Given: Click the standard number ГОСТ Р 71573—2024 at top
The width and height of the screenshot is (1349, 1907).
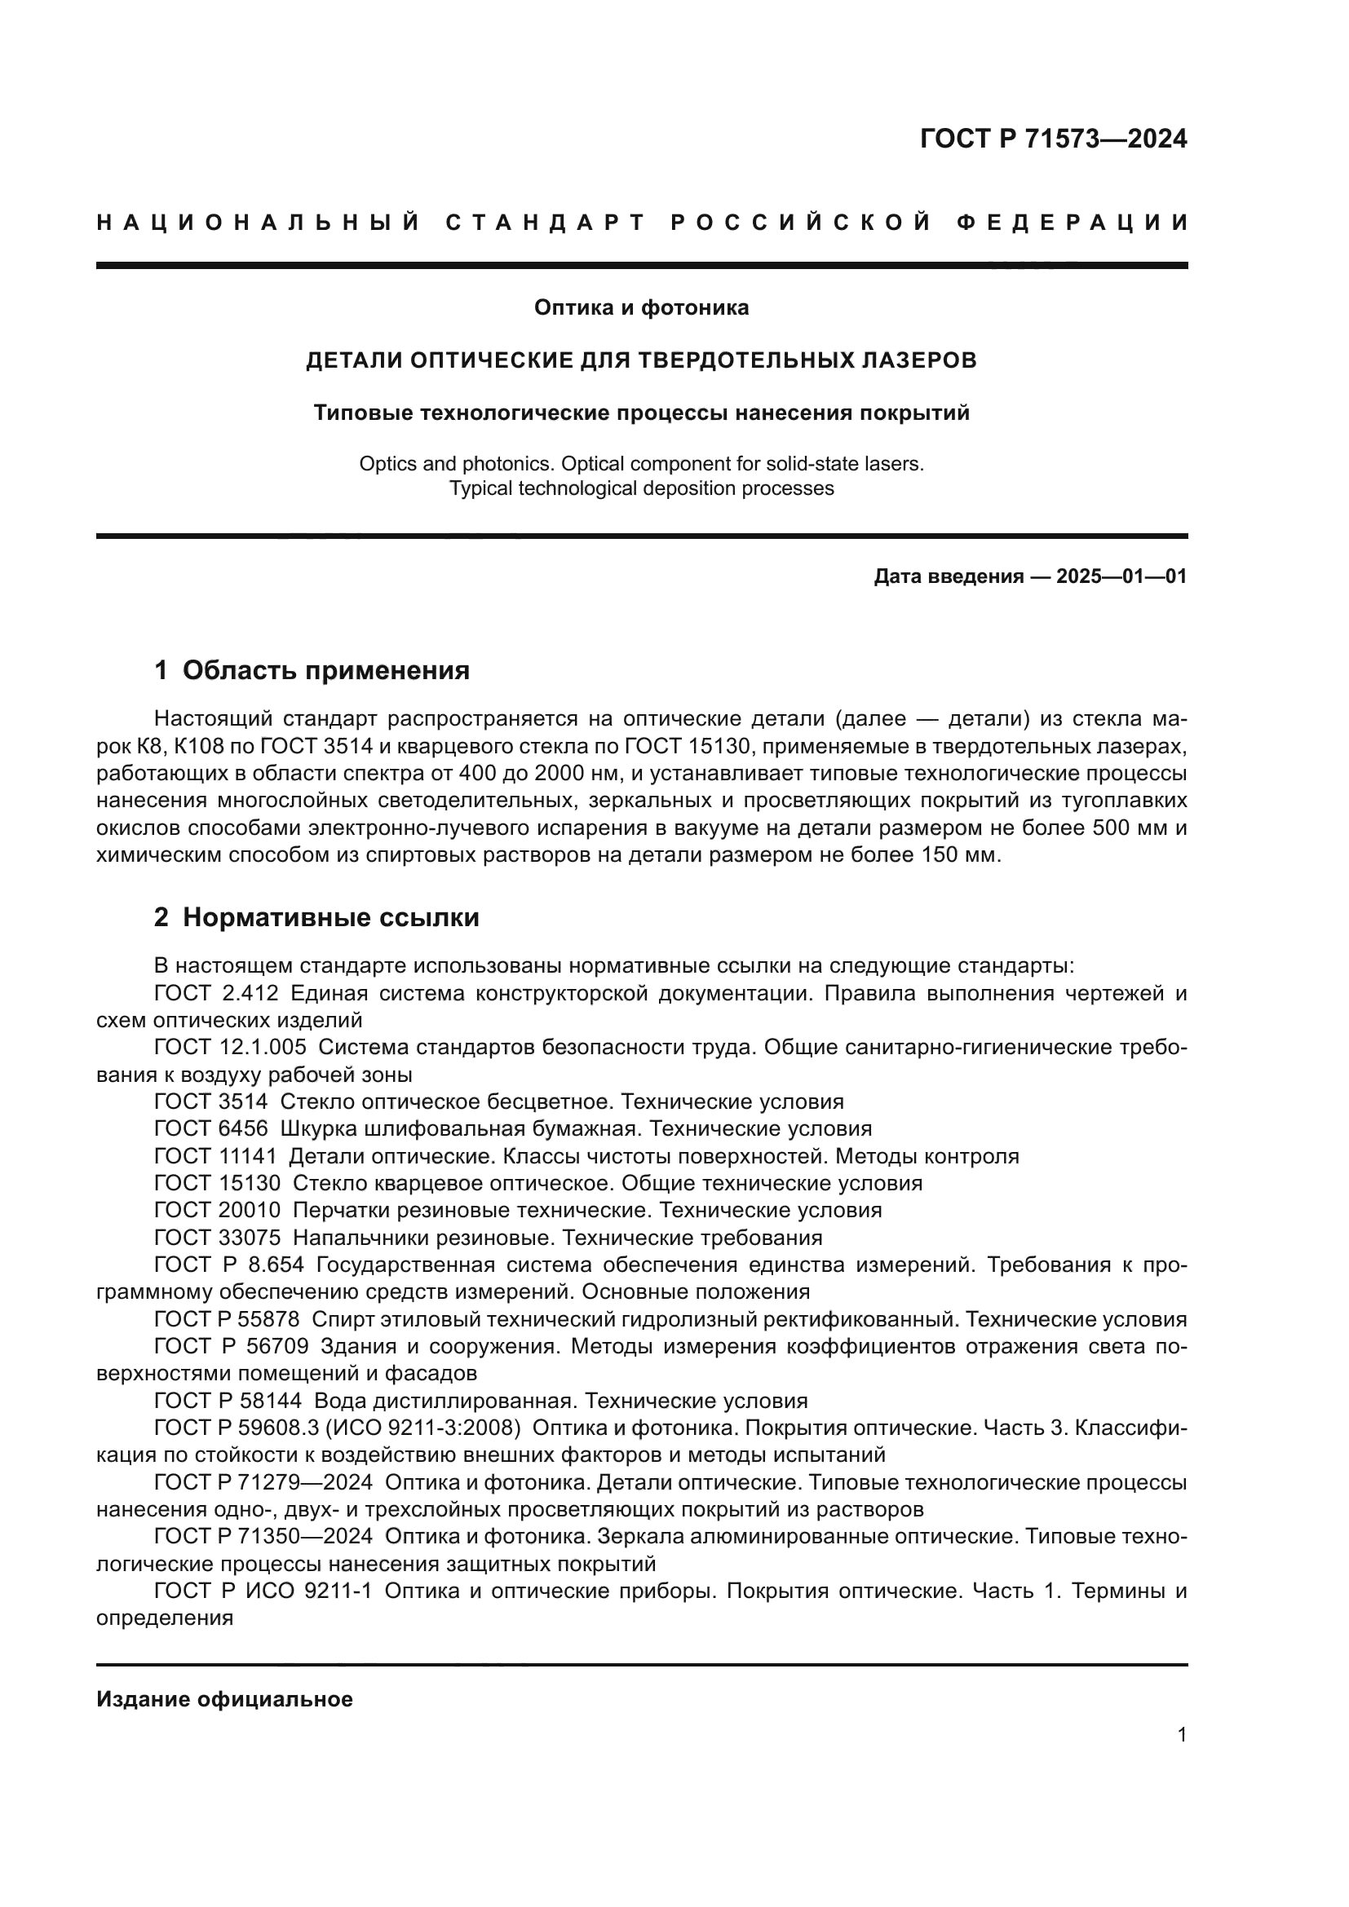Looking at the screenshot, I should coord(1052,139).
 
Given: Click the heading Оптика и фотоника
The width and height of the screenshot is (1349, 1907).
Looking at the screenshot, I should coord(640,307).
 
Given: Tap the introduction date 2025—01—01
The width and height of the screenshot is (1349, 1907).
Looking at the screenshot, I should coord(1121,576).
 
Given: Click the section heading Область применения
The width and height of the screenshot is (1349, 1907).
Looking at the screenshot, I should coord(325,670).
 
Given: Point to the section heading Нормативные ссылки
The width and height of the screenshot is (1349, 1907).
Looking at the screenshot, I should coord(330,918).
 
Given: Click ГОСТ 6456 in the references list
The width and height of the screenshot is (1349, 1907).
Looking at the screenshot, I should coord(211,1128).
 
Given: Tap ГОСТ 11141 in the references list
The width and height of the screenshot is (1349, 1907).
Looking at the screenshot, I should coord(215,1156).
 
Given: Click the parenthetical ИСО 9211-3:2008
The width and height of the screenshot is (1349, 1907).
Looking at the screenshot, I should coord(431,1428).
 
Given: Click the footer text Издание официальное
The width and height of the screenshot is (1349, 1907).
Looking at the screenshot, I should coord(224,1699).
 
